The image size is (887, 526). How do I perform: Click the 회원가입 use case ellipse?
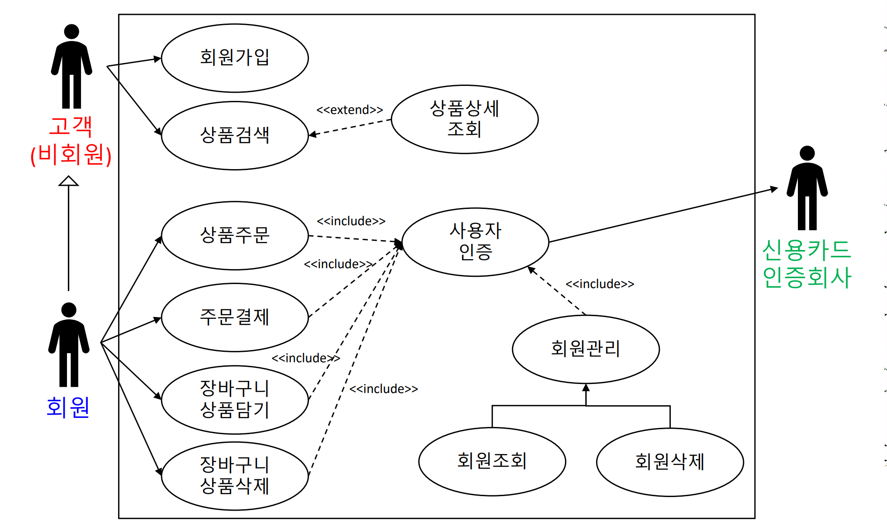pos(235,58)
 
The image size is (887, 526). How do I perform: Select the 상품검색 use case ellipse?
pos(235,135)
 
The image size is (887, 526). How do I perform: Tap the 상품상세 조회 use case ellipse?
pos(465,119)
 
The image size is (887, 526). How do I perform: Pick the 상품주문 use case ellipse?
pos(235,235)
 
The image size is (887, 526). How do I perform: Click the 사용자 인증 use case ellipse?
pos(475,242)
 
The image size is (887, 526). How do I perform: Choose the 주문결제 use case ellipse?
pos(235,317)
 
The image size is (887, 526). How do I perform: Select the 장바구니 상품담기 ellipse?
pos(235,399)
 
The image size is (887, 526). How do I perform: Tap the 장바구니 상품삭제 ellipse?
pos(235,476)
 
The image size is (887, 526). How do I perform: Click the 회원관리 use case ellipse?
pos(586,349)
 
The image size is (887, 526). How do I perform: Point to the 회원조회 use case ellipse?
pos(492,461)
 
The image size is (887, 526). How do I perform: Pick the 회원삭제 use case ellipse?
pos(670,462)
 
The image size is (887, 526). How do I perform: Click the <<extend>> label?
pos(350,110)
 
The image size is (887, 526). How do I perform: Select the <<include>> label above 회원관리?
pos(600,284)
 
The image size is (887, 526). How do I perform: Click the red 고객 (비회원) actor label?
pos(71,140)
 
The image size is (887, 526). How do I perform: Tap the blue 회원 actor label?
pos(68,407)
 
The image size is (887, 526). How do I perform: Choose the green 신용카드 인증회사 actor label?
pos(807,264)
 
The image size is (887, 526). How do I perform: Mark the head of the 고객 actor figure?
pos(71,31)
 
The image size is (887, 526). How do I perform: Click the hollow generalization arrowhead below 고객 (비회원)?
pos(68,181)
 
